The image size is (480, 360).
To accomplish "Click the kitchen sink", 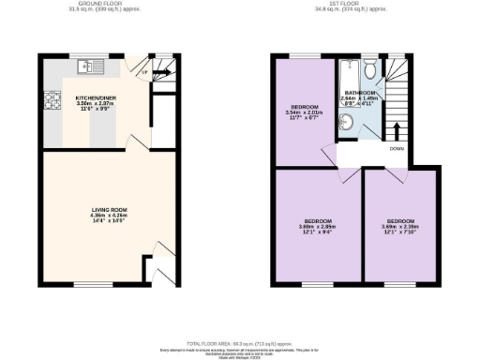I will coord(87,66).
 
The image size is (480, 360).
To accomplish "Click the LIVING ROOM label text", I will coord(96,209).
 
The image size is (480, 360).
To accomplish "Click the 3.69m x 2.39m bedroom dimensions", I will coord(401,226).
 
